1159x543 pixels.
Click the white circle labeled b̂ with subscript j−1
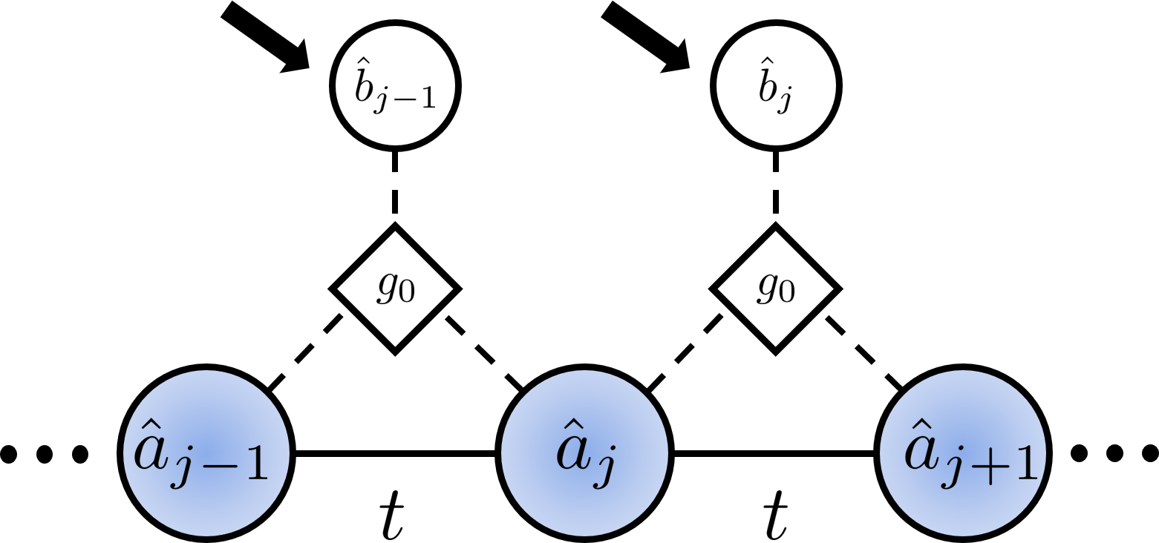click(x=394, y=86)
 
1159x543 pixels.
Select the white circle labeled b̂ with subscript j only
click(x=776, y=86)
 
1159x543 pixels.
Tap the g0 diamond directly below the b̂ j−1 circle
click(x=395, y=289)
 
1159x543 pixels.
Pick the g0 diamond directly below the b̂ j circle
click(x=776, y=289)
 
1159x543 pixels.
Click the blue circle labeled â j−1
click(x=206, y=453)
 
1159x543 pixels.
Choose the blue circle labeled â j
click(x=584, y=453)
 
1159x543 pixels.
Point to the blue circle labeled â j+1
click(x=963, y=453)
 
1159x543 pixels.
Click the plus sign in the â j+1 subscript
click(x=990, y=467)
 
